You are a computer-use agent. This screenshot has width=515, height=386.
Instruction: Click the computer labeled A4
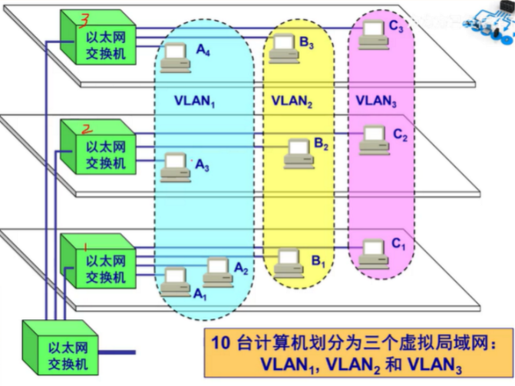tap(175, 55)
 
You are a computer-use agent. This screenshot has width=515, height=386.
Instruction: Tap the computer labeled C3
tap(372, 31)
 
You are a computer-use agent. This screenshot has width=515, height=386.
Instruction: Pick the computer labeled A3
tap(178, 164)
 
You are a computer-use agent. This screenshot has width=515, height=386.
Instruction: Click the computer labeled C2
tap(374, 137)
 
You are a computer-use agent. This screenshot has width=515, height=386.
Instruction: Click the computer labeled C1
tap(374, 250)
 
